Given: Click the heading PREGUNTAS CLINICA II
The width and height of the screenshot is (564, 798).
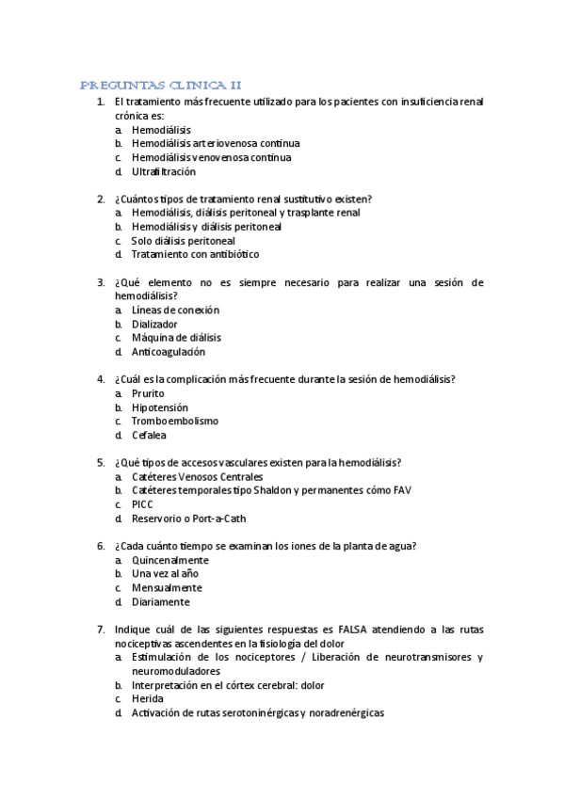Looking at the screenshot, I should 161,85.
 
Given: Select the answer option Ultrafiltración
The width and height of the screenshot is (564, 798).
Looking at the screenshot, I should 164,172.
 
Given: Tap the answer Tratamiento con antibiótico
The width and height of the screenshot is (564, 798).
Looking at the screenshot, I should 195,254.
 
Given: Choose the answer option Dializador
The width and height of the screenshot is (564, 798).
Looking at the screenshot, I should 154,324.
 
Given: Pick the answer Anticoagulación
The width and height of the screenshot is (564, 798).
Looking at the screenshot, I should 168,352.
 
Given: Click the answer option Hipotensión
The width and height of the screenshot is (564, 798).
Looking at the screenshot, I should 160,407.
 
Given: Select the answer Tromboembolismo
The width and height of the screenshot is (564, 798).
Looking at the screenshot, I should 175,422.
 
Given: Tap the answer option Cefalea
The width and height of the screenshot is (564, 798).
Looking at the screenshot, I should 151,436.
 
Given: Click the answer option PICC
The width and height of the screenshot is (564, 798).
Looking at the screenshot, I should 142,504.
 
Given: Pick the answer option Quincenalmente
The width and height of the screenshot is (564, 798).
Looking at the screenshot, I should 170,560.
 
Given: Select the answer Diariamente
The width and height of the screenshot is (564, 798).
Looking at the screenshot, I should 161,602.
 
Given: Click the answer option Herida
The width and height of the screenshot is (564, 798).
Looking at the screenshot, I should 147,699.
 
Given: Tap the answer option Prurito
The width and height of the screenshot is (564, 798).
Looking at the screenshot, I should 148,393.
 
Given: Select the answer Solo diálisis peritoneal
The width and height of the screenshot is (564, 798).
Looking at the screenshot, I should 183,241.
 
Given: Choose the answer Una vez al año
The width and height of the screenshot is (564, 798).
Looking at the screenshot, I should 165,574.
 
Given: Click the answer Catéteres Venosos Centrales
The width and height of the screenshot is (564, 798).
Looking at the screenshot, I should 198,477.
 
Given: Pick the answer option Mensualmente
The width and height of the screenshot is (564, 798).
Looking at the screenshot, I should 167,588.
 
